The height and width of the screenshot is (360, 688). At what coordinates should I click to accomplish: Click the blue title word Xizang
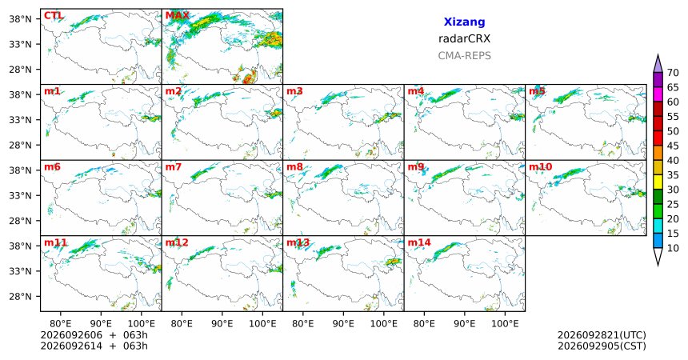pyautogui.click(x=464, y=22)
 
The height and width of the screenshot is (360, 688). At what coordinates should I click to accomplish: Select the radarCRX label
pyautogui.click(x=464, y=38)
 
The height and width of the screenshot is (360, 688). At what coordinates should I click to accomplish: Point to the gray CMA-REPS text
pyautogui.click(x=464, y=56)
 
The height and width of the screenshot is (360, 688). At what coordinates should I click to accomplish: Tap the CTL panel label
pyautogui.click(x=53, y=16)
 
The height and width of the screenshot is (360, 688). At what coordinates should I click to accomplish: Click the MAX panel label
pyautogui.click(x=177, y=16)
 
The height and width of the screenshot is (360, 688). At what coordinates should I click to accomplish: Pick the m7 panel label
pyautogui.click(x=174, y=167)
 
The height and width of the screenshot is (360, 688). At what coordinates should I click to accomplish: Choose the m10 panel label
pyautogui.click(x=540, y=167)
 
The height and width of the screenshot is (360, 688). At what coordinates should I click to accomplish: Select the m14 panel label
pyautogui.click(x=419, y=242)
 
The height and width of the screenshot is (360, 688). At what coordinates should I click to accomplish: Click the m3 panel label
pyautogui.click(x=294, y=91)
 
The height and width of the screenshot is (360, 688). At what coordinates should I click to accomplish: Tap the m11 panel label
pyautogui.click(x=55, y=242)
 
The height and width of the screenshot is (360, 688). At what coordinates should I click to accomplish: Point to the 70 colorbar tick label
pyautogui.click(x=673, y=73)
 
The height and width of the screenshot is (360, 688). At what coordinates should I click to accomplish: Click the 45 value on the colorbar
pyautogui.click(x=673, y=146)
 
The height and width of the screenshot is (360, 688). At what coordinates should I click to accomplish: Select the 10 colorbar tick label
pyautogui.click(x=673, y=248)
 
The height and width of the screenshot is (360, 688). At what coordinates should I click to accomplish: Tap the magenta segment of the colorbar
pyautogui.click(x=658, y=94)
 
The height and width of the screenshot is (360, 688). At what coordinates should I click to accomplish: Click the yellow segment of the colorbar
pyautogui.click(x=658, y=182)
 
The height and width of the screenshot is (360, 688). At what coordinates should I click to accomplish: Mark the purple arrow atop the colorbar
pyautogui.click(x=658, y=65)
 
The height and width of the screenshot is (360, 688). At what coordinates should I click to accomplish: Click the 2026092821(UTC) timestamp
pyautogui.click(x=602, y=335)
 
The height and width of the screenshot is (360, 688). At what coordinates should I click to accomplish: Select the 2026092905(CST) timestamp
pyautogui.click(x=602, y=346)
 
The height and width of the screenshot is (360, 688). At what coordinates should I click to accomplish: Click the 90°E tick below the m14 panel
pyautogui.click(x=464, y=324)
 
